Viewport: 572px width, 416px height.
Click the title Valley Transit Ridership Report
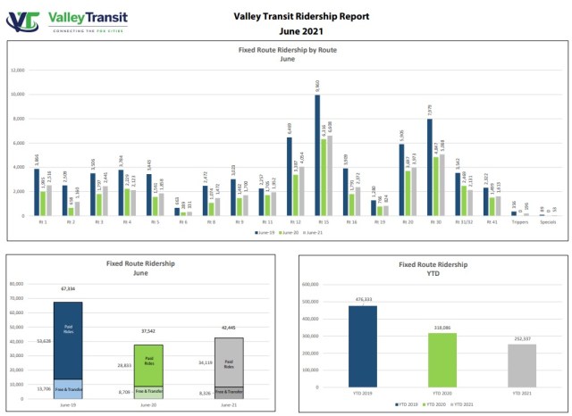point(300,15)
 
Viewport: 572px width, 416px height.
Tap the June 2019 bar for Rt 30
point(429,166)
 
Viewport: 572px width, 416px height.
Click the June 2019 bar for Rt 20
point(401,179)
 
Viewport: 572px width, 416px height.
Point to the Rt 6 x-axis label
point(183,222)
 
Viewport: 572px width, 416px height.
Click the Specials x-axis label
point(547,222)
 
